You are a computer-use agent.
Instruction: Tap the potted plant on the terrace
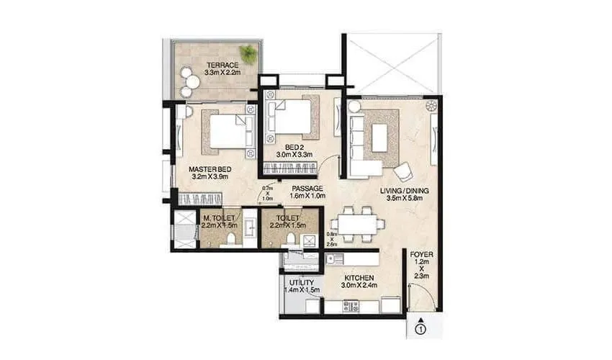point(248,53)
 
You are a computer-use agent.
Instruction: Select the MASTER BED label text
point(210,170)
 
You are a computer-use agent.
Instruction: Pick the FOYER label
point(421,254)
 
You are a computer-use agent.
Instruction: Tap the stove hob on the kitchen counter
point(350,305)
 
